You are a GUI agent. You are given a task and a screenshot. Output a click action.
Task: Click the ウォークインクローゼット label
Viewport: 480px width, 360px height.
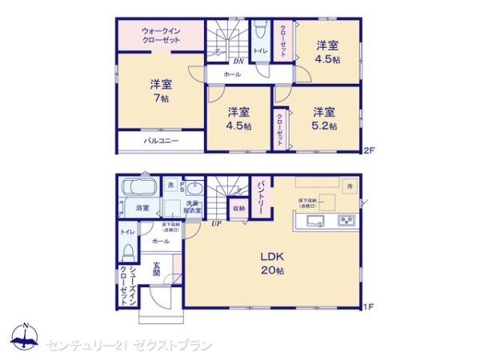[x=161, y=36]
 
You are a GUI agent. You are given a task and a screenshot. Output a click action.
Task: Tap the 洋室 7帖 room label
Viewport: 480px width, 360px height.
[x=161, y=90]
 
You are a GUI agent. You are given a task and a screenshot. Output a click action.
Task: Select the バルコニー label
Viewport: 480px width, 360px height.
[x=161, y=141]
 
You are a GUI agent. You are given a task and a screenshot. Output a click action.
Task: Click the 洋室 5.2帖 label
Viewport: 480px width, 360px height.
[x=323, y=118]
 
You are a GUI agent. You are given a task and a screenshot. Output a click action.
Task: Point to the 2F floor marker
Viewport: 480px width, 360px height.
[x=369, y=150]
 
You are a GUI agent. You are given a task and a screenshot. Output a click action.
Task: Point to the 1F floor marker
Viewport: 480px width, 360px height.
[x=369, y=306]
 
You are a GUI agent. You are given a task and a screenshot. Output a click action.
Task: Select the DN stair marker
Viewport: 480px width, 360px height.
[x=238, y=62]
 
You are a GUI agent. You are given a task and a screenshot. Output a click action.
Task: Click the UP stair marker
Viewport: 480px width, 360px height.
[x=216, y=223]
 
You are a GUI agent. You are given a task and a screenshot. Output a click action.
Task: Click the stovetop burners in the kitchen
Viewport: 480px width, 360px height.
[x=348, y=221]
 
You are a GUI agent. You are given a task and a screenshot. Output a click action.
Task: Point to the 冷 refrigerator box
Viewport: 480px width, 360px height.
[x=350, y=186]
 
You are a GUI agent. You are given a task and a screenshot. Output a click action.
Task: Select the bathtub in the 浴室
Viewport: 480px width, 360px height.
[x=141, y=190]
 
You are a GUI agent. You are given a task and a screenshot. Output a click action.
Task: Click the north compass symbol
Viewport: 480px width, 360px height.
[x=24, y=337]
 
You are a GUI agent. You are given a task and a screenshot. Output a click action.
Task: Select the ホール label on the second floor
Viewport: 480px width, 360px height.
[x=232, y=74]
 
